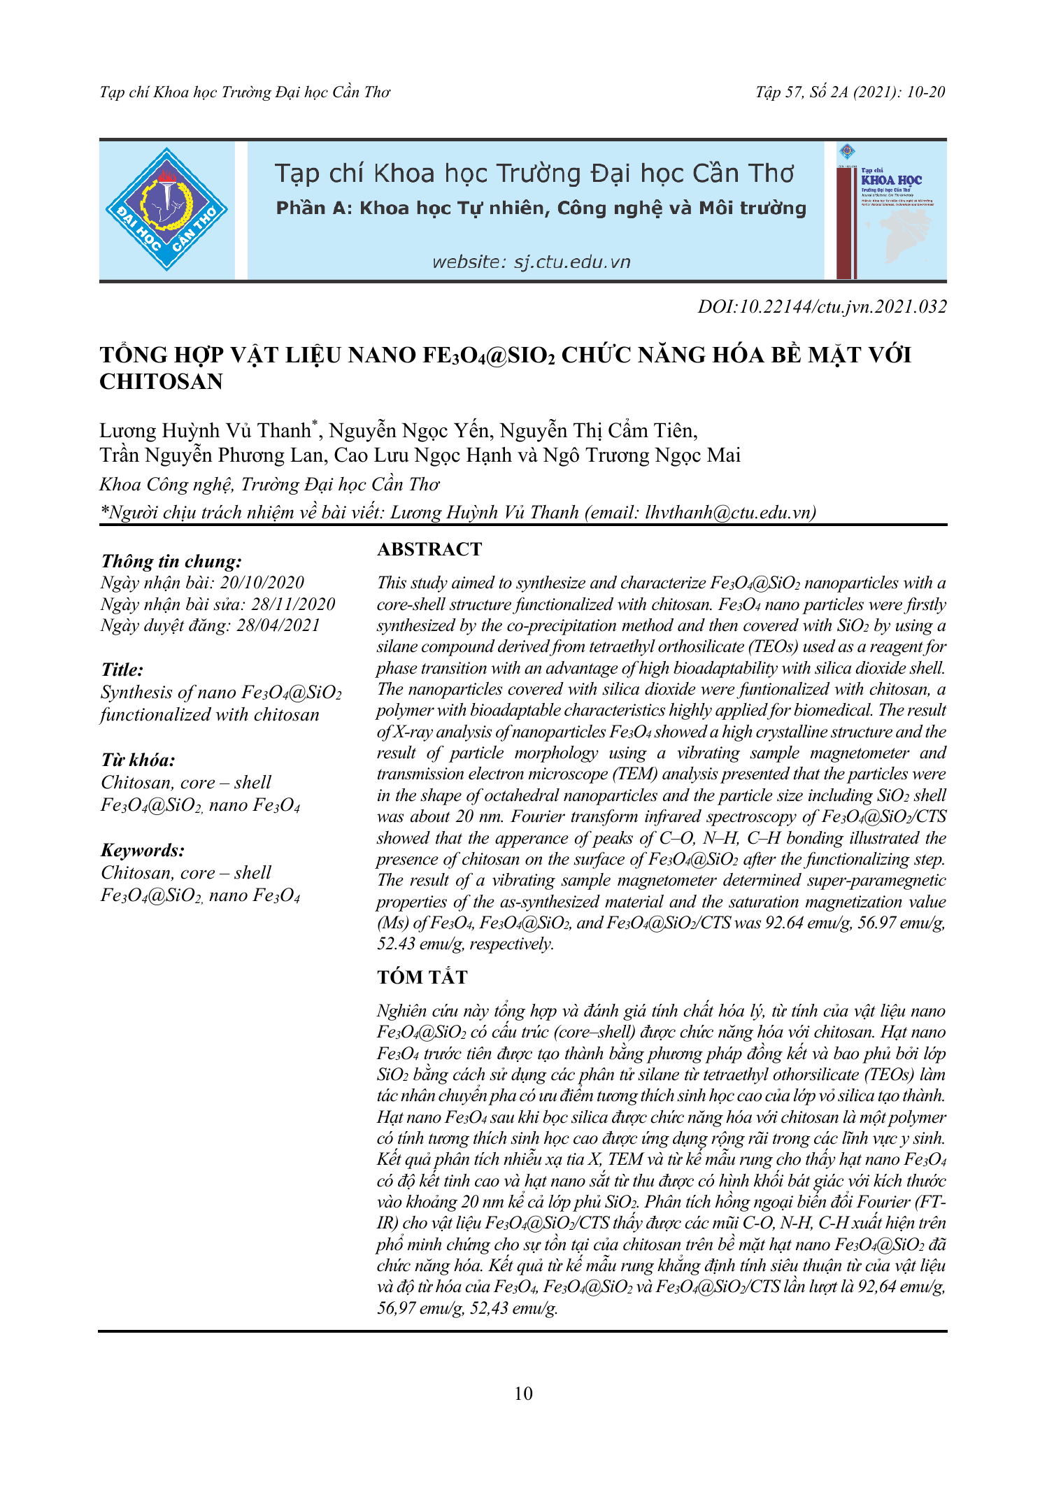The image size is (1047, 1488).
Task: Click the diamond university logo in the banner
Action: tap(166, 209)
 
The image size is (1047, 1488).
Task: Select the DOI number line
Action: tap(822, 306)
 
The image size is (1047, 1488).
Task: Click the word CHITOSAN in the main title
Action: tap(161, 382)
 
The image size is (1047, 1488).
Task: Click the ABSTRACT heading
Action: tap(429, 550)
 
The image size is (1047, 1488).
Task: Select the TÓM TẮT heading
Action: tap(422, 977)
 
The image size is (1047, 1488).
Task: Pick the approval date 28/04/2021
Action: tap(278, 625)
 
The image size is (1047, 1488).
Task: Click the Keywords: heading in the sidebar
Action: tap(143, 851)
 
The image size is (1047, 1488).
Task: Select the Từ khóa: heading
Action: tap(138, 760)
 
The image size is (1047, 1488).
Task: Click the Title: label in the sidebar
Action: tap(122, 670)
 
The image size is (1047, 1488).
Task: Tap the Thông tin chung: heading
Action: tap(171, 562)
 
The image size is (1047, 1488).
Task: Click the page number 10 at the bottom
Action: tap(523, 1394)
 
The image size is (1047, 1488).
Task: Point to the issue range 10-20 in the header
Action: tap(925, 92)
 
